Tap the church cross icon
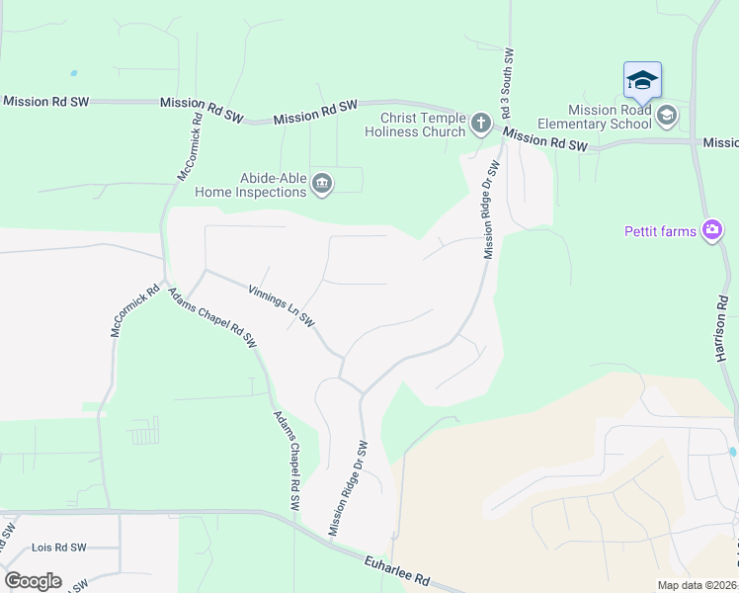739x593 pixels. tap(480, 124)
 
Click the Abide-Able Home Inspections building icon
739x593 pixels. tap(322, 184)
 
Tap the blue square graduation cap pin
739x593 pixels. tap(642, 80)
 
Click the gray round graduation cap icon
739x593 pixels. tap(667, 117)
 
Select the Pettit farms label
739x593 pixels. tap(660, 232)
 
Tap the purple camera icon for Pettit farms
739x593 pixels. tap(711, 231)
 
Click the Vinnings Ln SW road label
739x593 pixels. tap(282, 306)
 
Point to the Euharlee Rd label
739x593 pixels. tap(396, 570)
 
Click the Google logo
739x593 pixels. tap(33, 581)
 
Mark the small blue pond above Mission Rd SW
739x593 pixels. tap(73, 73)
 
